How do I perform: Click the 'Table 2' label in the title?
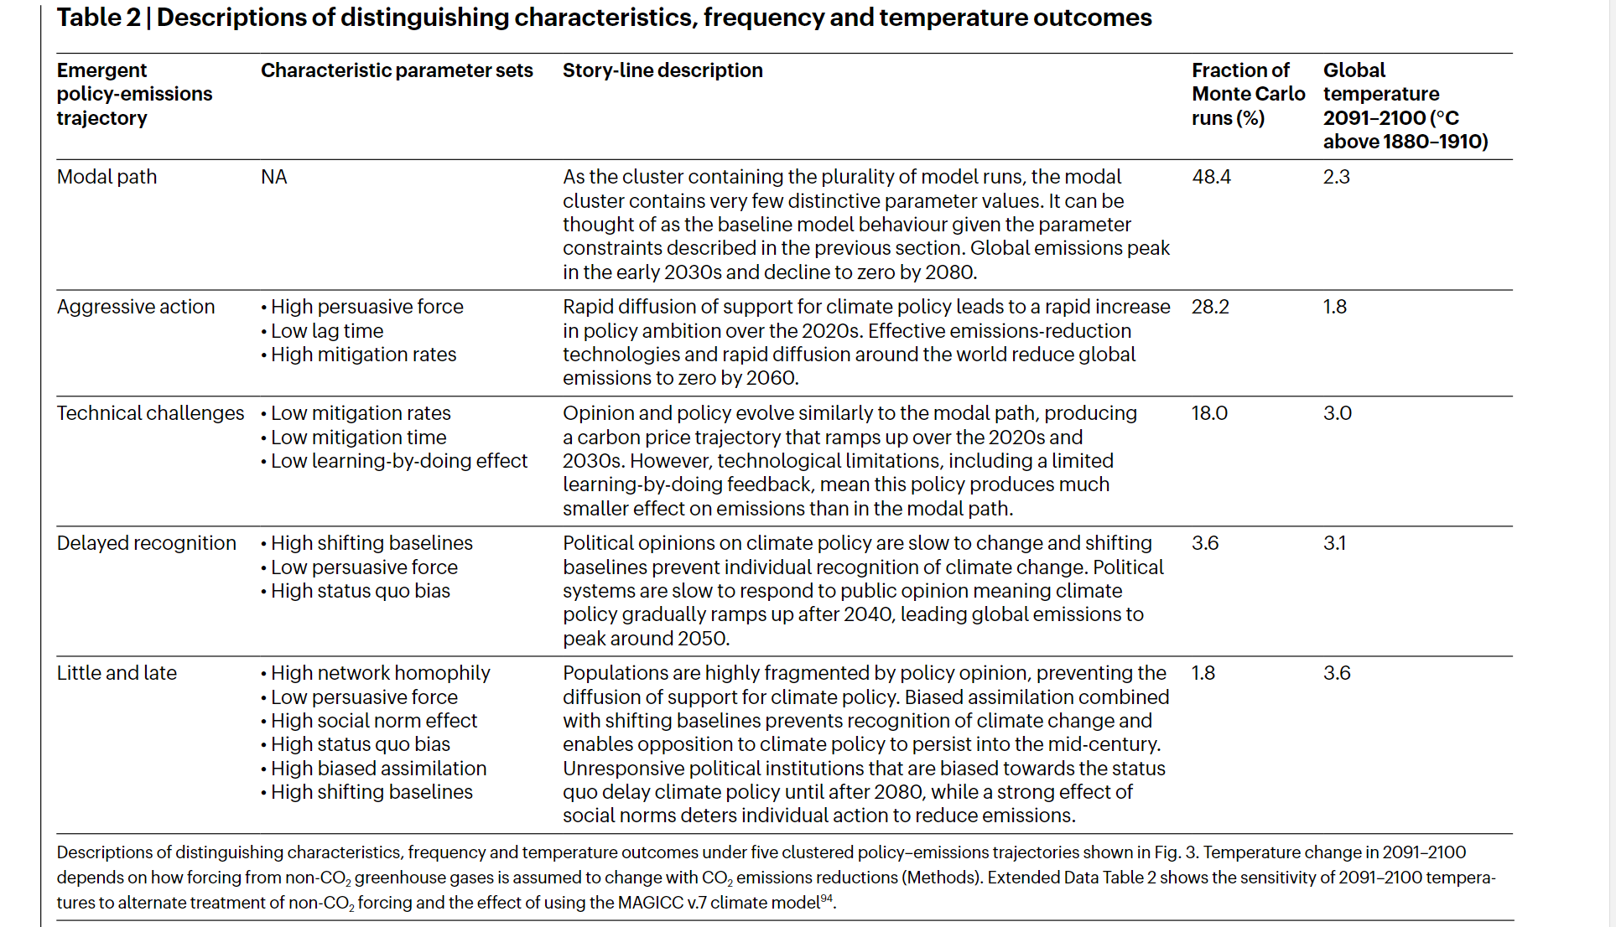tap(98, 18)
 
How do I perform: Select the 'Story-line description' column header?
tap(663, 70)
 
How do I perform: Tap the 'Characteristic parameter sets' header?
tap(397, 70)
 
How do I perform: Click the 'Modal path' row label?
tap(107, 177)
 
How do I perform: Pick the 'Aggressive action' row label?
tap(136, 307)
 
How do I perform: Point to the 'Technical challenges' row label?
tap(151, 413)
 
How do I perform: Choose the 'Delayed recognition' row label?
tap(147, 543)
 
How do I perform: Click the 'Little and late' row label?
tap(117, 673)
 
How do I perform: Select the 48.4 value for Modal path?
tap(1211, 177)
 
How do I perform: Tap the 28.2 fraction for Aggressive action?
tap(1210, 307)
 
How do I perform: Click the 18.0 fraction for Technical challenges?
tap(1209, 413)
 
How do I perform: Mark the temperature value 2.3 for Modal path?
tap(1337, 177)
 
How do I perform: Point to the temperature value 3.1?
tap(1334, 543)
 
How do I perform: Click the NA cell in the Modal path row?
tap(274, 177)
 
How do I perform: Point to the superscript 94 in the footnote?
tap(826, 899)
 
